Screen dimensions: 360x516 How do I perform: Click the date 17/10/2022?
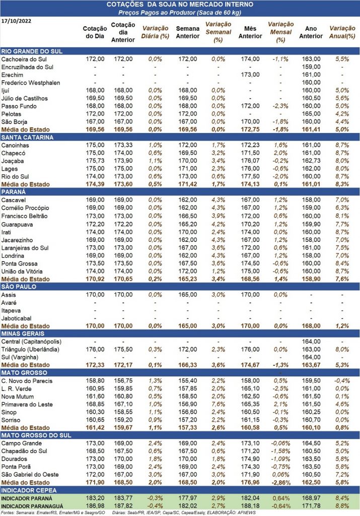tap(17, 21)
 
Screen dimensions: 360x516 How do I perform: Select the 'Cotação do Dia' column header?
tap(95, 32)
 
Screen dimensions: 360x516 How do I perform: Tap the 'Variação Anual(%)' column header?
tap(342, 32)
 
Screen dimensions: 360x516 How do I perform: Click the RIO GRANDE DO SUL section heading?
tap(32, 51)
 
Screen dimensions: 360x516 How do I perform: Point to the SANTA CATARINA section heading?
tap(27, 138)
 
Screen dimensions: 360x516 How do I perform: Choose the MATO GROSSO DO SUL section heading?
tap(36, 435)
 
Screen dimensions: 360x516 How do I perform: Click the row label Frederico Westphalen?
tap(31, 83)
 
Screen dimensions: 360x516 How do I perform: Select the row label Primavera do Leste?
tap(27, 405)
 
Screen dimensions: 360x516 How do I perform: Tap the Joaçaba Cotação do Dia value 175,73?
tap(95, 161)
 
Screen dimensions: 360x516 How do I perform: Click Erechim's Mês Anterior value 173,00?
tap(250, 75)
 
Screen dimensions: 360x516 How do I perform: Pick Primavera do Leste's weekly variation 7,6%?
tap(219, 405)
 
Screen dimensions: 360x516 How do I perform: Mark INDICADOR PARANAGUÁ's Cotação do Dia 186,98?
tap(95, 506)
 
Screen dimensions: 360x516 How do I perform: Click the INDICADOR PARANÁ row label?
tap(27, 498)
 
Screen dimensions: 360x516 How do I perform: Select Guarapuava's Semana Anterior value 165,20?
tap(188, 224)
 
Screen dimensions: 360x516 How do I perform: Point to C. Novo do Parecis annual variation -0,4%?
tap(342, 381)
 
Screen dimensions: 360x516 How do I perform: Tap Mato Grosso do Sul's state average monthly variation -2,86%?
tap(280, 483)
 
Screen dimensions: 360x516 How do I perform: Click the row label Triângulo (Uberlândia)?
tap(30, 350)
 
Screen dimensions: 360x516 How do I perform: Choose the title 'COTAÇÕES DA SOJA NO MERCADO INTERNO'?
tap(180, 5)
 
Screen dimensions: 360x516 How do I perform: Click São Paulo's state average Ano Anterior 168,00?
tap(311, 326)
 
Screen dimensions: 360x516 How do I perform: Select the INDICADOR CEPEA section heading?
tap(29, 490)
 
